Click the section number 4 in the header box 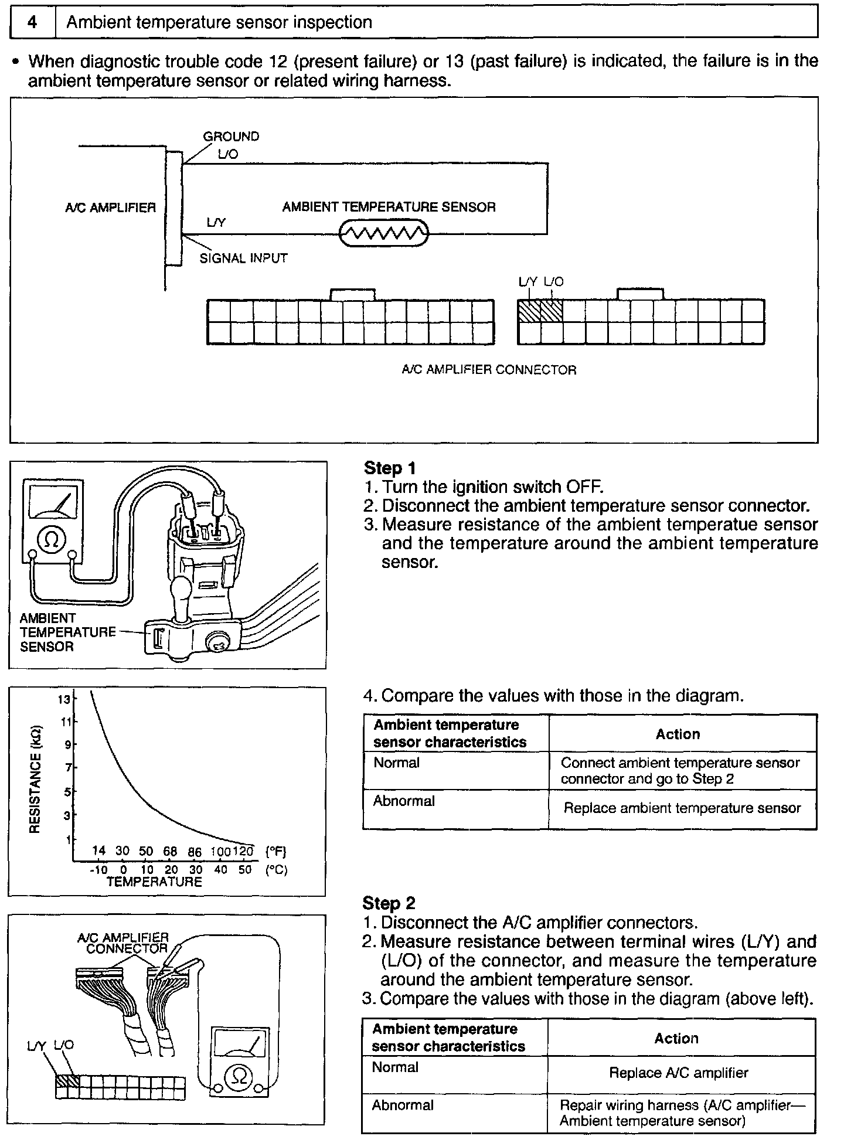click(x=33, y=23)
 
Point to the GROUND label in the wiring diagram click(x=231, y=137)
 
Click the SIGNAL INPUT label click(x=243, y=258)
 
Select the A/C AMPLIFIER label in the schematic click(x=111, y=208)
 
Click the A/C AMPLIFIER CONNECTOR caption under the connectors click(x=489, y=370)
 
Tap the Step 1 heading click(x=390, y=468)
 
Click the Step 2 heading click(x=389, y=903)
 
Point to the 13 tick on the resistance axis click(x=63, y=699)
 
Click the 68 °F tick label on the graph click(x=170, y=852)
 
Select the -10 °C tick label click(x=98, y=870)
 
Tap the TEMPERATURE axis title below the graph click(x=154, y=882)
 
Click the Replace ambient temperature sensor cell click(x=682, y=808)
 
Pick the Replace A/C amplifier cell click(x=678, y=1073)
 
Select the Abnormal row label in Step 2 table click(x=403, y=1105)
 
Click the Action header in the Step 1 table click(x=678, y=734)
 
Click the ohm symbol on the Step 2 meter click(x=240, y=1075)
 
